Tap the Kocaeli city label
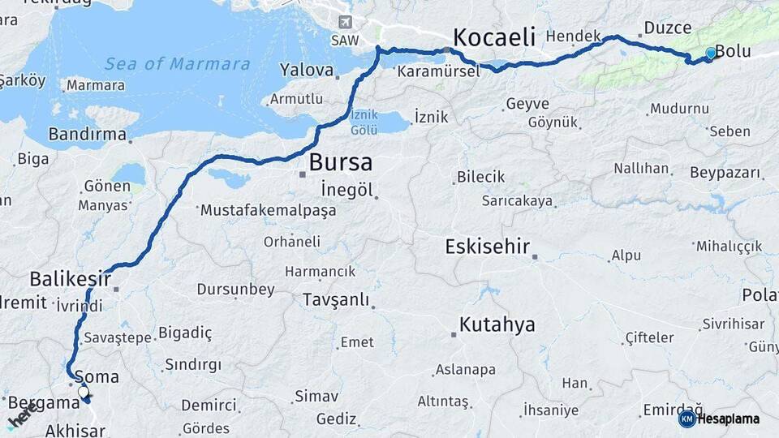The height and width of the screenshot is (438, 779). [495, 36]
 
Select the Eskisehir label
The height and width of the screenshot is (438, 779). [487, 247]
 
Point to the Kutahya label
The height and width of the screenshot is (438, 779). [497, 325]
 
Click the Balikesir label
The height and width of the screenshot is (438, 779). [70, 279]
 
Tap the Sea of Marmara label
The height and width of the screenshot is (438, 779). [177, 64]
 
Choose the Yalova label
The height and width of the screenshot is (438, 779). [307, 71]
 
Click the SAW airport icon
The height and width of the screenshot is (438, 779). [345, 22]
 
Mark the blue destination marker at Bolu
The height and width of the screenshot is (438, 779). [711, 54]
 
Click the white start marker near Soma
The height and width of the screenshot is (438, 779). [83, 393]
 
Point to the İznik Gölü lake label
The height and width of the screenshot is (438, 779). [364, 122]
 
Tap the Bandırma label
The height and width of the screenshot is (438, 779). [88, 135]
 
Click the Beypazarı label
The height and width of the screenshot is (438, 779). [725, 173]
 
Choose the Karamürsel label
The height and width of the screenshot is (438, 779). [430, 72]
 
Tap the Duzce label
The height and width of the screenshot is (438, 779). [667, 28]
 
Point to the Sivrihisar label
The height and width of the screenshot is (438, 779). [734, 324]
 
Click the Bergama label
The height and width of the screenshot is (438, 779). [43, 402]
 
